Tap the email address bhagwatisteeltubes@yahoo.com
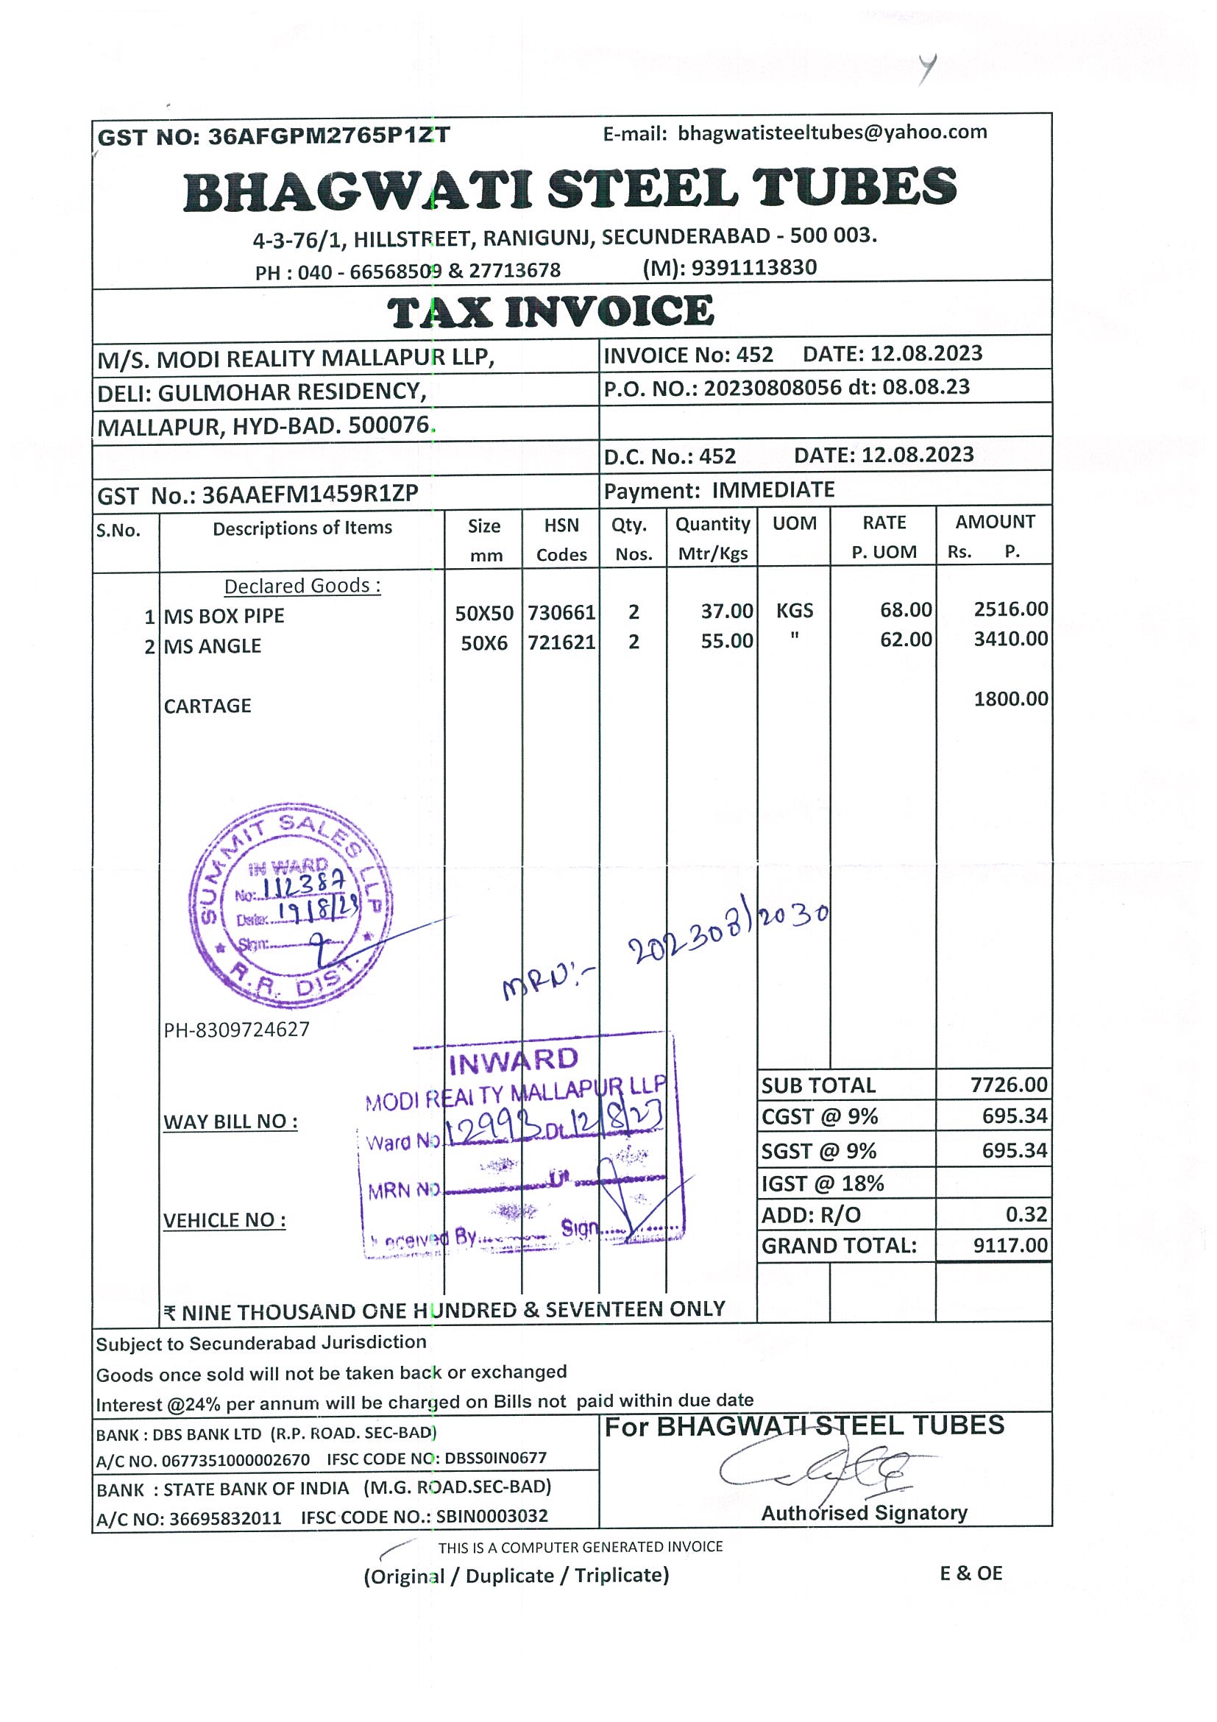click(x=832, y=132)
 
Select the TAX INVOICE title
click(x=551, y=311)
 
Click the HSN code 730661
click(x=561, y=613)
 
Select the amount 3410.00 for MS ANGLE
click(x=1010, y=639)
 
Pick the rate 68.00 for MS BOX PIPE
click(x=906, y=610)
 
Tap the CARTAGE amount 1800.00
click(x=1010, y=699)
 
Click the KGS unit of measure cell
click(x=794, y=611)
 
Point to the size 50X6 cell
click(x=483, y=642)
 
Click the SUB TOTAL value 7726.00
click(x=1009, y=1085)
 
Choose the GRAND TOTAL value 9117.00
click(x=1010, y=1246)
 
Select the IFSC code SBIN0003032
click(x=492, y=1517)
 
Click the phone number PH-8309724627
click(x=236, y=1029)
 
